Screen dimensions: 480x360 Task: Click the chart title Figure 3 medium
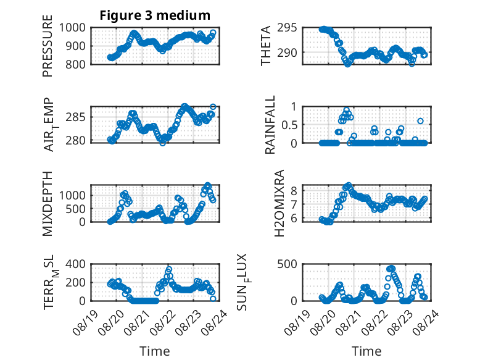point(155,15)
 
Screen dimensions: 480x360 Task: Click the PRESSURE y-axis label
point(48,46)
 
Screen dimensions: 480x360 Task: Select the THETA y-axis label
point(266,46)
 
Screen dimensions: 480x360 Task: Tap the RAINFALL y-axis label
point(270,125)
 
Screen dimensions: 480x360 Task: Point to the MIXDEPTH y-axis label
point(48,204)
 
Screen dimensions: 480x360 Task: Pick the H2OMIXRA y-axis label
point(279,203)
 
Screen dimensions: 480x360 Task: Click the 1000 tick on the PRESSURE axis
point(72,28)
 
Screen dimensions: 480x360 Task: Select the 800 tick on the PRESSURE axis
point(75,64)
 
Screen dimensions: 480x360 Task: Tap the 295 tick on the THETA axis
point(287,28)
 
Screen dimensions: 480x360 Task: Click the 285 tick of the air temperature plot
point(75,117)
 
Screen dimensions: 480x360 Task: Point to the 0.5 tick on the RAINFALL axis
point(289,125)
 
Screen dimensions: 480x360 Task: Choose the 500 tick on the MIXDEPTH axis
point(75,209)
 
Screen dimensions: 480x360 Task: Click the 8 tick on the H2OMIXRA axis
point(294,191)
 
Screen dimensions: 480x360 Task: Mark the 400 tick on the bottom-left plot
point(75,264)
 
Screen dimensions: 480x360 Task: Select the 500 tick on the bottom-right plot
point(287,264)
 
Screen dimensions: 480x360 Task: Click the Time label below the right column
point(366,351)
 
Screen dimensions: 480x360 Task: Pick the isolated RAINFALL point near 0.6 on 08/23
point(420,121)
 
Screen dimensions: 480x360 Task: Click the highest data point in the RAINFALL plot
point(346,111)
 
